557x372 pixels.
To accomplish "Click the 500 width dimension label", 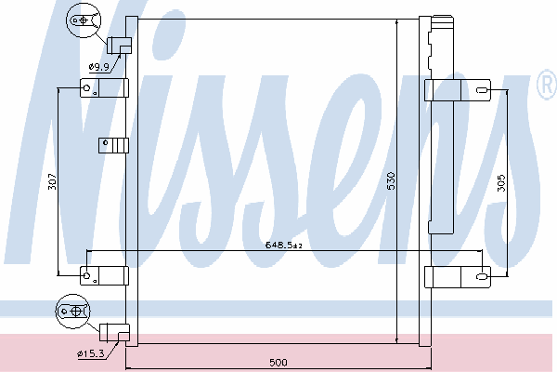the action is (x=278, y=363).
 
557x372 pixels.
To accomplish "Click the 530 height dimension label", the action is (x=391, y=180).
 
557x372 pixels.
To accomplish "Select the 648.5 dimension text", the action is (x=284, y=245).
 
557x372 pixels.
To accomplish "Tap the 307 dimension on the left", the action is (x=52, y=181).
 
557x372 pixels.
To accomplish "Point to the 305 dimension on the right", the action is (x=501, y=182).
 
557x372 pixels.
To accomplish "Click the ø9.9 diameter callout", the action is (x=99, y=67).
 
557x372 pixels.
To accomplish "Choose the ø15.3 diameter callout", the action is (x=91, y=353).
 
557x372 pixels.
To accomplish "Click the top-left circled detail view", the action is (x=84, y=20).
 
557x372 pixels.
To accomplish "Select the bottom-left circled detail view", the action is (x=73, y=312).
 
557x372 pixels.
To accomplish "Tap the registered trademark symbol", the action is (x=548, y=84).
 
